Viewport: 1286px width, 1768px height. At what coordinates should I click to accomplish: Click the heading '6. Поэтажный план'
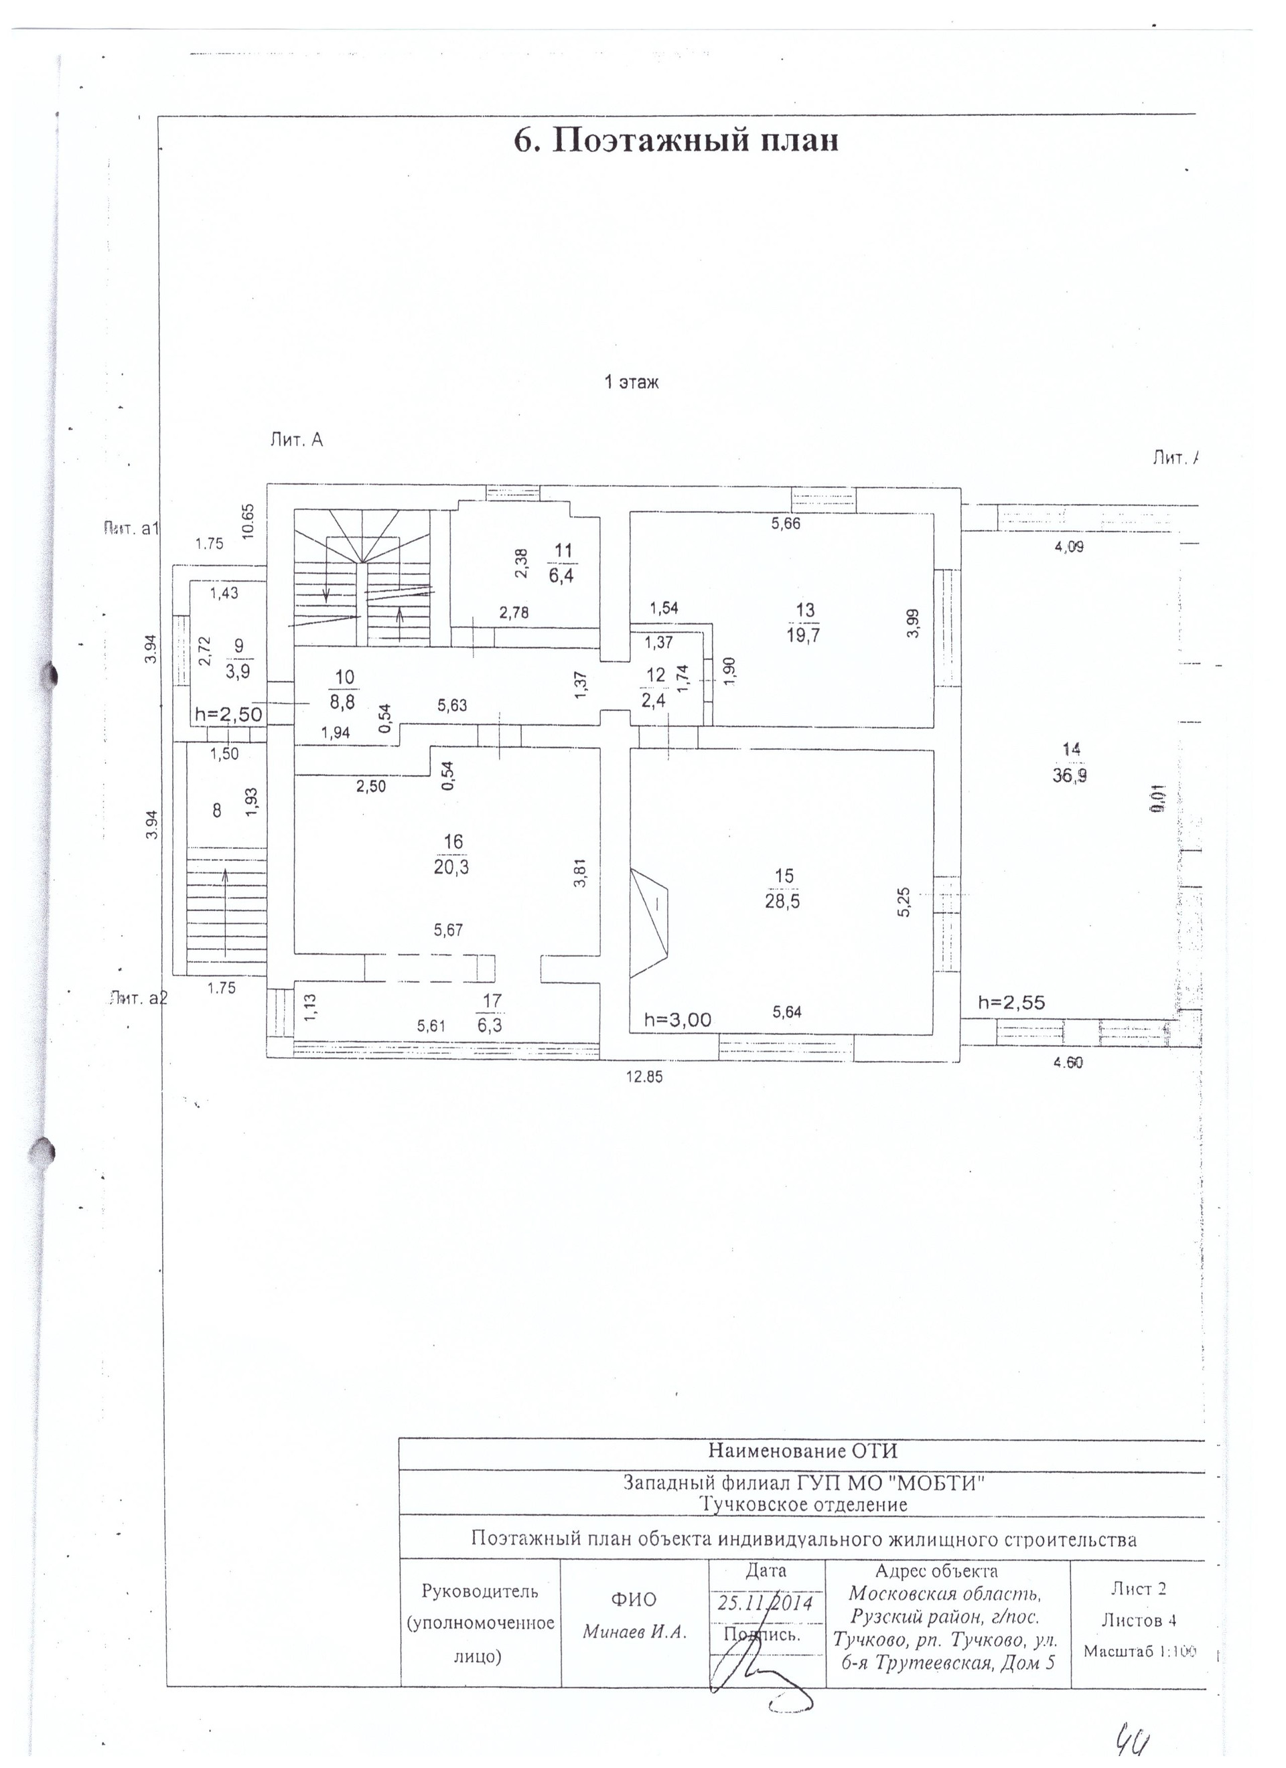pyautogui.click(x=675, y=141)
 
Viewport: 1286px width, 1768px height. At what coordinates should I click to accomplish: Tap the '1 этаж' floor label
pyautogui.click(x=632, y=382)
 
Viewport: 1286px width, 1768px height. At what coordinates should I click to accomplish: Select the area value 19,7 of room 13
pyautogui.click(x=803, y=635)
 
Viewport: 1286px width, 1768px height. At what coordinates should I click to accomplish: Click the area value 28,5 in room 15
pyautogui.click(x=782, y=902)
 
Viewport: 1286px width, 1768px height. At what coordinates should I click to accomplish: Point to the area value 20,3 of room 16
pyautogui.click(x=451, y=867)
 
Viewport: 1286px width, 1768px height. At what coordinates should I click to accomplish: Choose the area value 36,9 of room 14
pyautogui.click(x=1070, y=776)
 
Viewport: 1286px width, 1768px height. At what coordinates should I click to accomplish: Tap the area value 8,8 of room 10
pyautogui.click(x=342, y=702)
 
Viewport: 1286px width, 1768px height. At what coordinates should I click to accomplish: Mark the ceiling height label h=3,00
pyautogui.click(x=678, y=1019)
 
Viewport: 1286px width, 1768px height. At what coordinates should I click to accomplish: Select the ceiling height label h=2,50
pyautogui.click(x=228, y=713)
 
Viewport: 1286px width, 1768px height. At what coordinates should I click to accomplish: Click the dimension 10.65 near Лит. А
pyautogui.click(x=248, y=521)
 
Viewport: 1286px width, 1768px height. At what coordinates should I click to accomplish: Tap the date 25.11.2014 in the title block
pyautogui.click(x=765, y=1603)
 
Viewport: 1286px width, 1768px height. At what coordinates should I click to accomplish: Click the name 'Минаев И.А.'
pyautogui.click(x=634, y=1632)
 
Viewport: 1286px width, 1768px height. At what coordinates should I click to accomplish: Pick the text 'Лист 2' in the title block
pyautogui.click(x=1139, y=1588)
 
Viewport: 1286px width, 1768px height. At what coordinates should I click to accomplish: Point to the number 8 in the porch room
pyautogui.click(x=217, y=811)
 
